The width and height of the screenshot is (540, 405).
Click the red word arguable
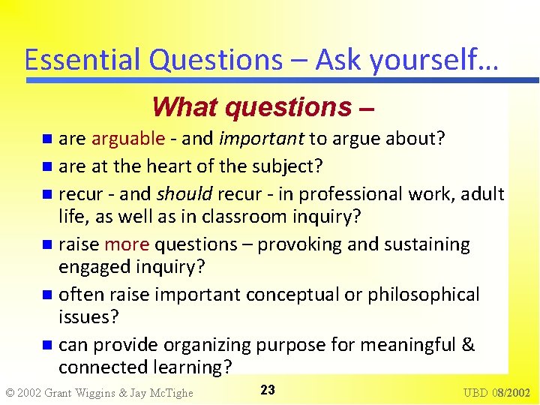point(128,139)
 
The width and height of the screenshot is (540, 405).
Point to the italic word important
point(262,139)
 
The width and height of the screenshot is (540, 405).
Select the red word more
point(127,244)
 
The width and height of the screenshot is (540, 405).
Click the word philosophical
point(423,295)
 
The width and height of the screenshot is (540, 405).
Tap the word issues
point(88,316)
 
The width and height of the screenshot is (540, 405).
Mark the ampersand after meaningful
point(469,345)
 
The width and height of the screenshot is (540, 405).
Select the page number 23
point(268,390)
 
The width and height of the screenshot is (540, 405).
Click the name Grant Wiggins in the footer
point(83,392)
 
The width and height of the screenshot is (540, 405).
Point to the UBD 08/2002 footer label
point(496,392)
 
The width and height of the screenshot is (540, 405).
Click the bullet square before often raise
point(48,295)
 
